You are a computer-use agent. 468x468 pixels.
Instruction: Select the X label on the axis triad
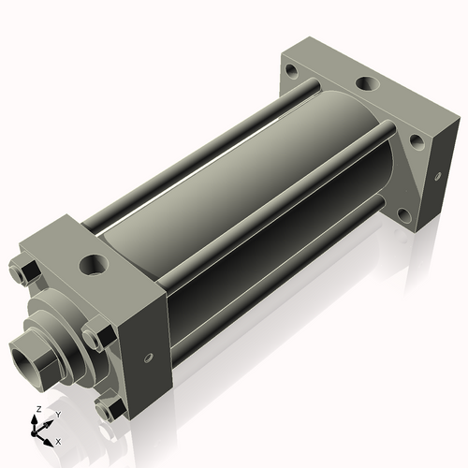coord(59,439)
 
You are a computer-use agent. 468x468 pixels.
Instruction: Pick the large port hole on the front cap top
coord(94,265)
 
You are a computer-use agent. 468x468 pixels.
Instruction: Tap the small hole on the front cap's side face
coord(148,357)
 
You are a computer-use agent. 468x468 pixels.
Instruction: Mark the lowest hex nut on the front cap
coord(109,408)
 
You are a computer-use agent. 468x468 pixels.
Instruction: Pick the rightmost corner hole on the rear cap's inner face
coord(416,140)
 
